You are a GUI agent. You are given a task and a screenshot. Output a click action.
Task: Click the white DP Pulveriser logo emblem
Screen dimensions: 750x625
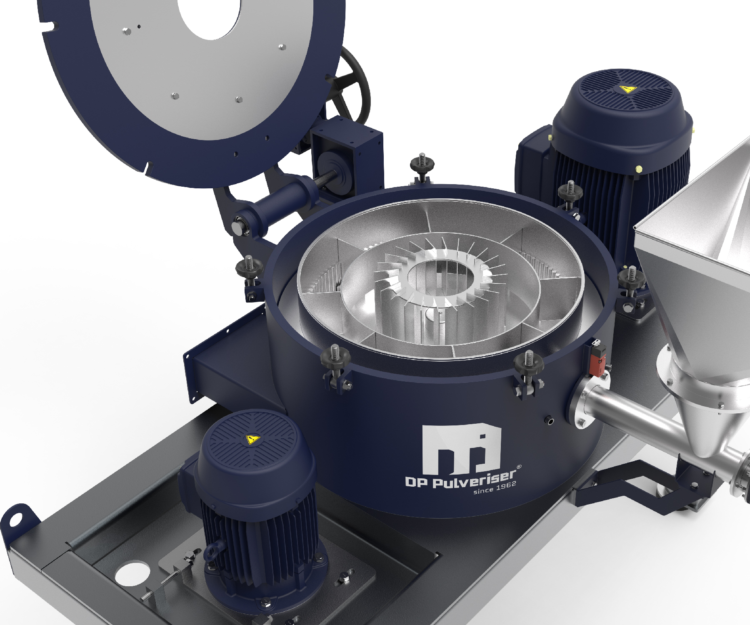point(460,449)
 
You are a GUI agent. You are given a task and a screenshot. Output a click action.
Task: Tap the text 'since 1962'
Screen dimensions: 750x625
point(495,487)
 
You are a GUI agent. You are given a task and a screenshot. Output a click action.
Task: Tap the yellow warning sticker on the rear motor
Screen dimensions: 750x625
point(627,89)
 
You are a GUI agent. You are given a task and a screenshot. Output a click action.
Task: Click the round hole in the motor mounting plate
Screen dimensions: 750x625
point(132,573)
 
